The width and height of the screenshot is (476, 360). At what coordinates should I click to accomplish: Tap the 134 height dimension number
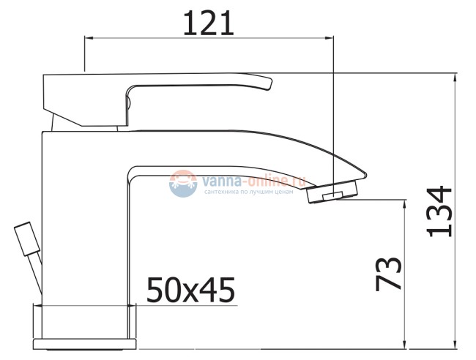coord(440,211)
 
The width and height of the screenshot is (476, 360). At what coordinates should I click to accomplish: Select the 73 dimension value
coord(390,272)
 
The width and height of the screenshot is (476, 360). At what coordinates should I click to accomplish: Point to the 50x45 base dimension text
coord(190,290)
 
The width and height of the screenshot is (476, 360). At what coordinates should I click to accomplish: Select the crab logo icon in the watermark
coord(182,183)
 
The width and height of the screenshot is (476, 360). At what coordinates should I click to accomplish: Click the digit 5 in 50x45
coord(156,290)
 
